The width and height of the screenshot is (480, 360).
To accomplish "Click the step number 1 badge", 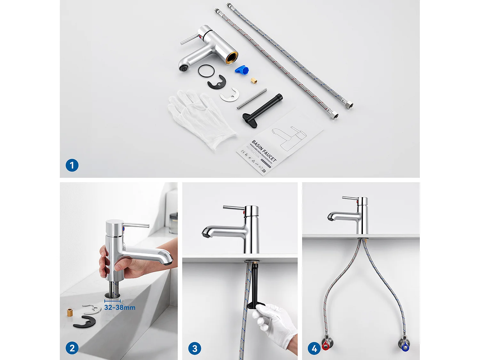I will (72, 165).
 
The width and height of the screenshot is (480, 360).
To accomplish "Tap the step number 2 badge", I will (72, 348).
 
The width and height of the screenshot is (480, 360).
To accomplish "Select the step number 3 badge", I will (195, 348).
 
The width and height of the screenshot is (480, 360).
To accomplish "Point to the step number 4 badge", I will (314, 348).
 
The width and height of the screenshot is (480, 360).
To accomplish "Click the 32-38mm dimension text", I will (120, 308).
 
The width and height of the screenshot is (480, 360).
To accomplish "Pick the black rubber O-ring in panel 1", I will (206, 71).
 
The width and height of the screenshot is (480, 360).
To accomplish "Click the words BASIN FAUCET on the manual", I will (264, 151).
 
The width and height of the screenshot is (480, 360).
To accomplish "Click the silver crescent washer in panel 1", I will (230, 95).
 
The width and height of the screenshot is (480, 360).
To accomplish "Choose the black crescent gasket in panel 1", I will (217, 83).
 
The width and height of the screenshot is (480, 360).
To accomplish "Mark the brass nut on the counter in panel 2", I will (70, 312).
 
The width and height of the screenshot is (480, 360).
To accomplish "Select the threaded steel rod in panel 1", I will (252, 99).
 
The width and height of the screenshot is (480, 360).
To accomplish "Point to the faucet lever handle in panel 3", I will (234, 208).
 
